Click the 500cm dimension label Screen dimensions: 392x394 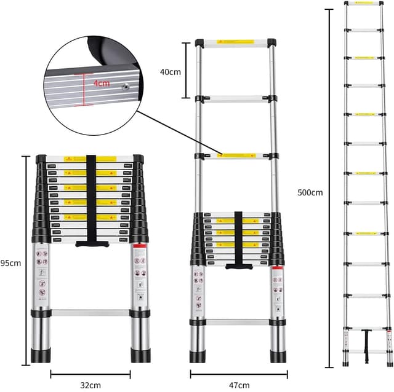(309, 192)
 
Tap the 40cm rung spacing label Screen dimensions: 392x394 (170, 72)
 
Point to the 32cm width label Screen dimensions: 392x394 (90, 385)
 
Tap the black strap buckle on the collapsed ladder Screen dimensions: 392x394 (91, 243)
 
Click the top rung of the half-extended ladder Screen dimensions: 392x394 (235, 45)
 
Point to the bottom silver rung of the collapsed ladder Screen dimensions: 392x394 (90, 312)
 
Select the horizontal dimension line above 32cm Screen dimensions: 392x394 (90, 373)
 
